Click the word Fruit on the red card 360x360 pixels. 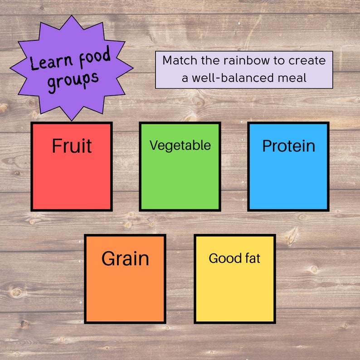tap(72, 146)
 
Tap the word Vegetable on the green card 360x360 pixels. tap(180, 145)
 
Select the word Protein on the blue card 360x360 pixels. tap(288, 146)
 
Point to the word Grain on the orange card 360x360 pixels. tap(125, 258)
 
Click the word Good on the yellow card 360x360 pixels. tap(225, 258)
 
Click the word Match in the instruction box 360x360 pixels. tap(178, 60)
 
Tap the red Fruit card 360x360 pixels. tap(72, 181)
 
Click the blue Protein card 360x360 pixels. tap(288, 181)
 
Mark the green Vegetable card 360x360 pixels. tap(180, 181)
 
